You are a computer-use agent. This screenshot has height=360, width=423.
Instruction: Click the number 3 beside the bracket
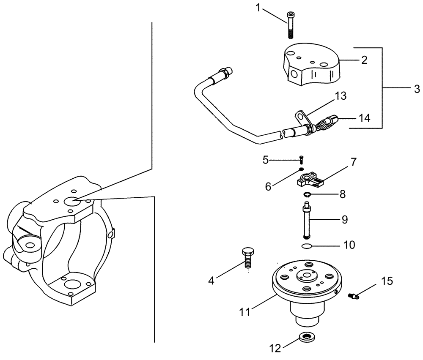417,89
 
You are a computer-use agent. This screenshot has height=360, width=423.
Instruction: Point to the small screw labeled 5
301,159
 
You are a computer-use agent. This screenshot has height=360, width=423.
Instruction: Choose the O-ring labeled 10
306,246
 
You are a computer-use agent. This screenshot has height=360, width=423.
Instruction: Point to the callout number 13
340,96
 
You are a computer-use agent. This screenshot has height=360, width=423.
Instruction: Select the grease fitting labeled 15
354,297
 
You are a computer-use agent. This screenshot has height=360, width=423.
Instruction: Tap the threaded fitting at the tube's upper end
224,74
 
